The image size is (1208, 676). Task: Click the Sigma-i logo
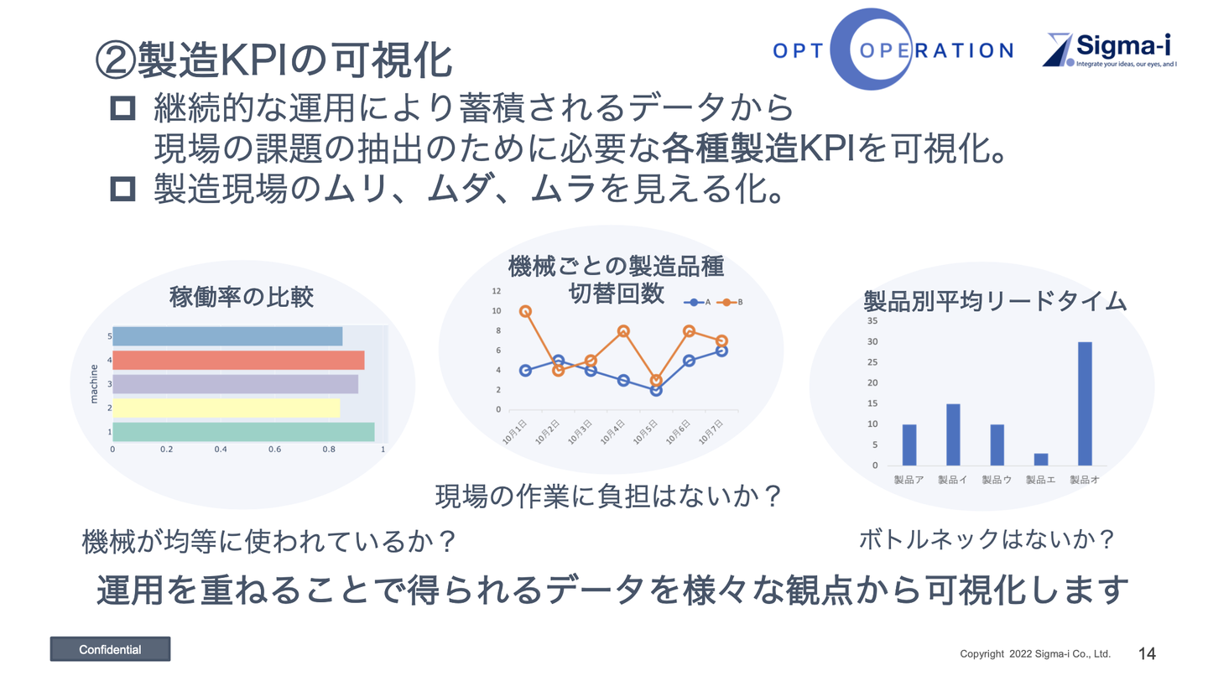coord(1110,49)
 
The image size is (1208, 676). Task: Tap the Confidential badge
coord(110,649)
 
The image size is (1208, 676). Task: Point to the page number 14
coord(1147,653)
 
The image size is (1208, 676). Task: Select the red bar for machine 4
coord(238,360)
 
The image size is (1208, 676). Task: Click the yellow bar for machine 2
coord(226,408)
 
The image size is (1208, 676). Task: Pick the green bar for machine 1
coord(244,432)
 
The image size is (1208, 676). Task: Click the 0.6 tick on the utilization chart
coord(275,449)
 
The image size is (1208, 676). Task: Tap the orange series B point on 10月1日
coord(525,311)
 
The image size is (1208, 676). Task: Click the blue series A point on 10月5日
coord(656,390)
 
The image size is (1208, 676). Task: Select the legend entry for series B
coord(730,303)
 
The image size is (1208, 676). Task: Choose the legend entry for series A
coord(697,303)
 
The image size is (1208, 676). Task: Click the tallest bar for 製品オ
coord(1085,403)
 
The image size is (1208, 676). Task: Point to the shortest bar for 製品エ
coord(1041,460)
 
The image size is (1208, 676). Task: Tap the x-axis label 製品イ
coord(952,480)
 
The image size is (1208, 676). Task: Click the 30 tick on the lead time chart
coord(872,341)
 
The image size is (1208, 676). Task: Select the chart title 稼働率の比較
coord(241,297)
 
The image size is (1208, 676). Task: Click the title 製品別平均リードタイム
coord(995,301)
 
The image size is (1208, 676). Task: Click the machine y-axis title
coord(94,384)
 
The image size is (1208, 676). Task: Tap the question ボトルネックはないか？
coord(987,539)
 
